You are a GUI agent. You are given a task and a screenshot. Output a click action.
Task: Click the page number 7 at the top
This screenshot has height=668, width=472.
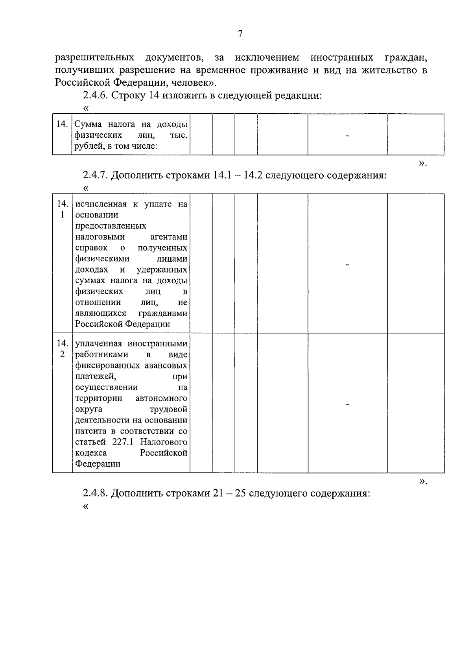[240, 34]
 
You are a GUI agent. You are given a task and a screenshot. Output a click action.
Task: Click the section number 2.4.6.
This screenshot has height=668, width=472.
[96, 96]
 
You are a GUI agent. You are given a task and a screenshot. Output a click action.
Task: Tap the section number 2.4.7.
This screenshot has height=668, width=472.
[96, 175]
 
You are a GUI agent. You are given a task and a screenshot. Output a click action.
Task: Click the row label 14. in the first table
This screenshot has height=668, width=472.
[62, 124]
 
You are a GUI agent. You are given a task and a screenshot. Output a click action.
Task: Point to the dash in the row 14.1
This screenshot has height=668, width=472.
[347, 265]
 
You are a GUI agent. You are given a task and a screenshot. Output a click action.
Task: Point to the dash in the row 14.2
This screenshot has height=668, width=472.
[347, 404]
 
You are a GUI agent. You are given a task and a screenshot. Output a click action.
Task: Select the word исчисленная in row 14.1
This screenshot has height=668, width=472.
[101, 204]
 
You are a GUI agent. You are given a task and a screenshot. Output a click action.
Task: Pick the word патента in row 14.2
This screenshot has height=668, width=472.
[89, 431]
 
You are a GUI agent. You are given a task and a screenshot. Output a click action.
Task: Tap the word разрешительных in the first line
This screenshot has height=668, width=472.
[94, 58]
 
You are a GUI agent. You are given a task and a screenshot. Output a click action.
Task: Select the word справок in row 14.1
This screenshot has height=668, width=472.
[91, 248]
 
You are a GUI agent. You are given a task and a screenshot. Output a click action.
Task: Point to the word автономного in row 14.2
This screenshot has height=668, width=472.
[161, 398]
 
